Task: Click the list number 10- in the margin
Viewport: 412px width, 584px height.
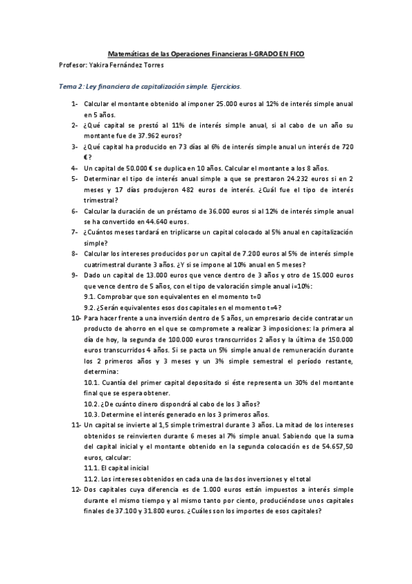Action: coord(76,318)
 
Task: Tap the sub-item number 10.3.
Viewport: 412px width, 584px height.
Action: coord(91,415)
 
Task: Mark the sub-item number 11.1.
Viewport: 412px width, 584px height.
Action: coord(91,468)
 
